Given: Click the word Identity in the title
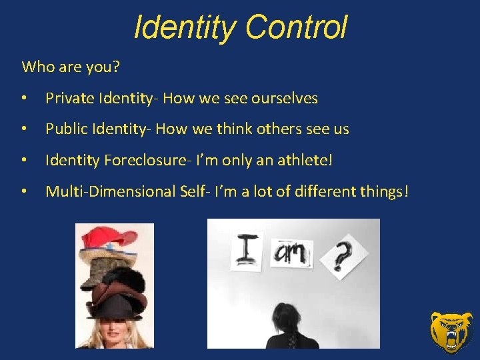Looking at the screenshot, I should pyautogui.click(x=185, y=28).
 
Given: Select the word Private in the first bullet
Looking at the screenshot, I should pyautogui.click(x=69, y=99).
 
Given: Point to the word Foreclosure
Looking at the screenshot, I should pyautogui.click(x=143, y=160).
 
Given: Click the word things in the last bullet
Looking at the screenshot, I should pyautogui.click(x=381, y=192).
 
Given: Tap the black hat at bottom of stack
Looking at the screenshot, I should pyautogui.click(x=115, y=306).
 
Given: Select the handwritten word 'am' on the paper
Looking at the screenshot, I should pyautogui.click(x=292, y=253).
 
